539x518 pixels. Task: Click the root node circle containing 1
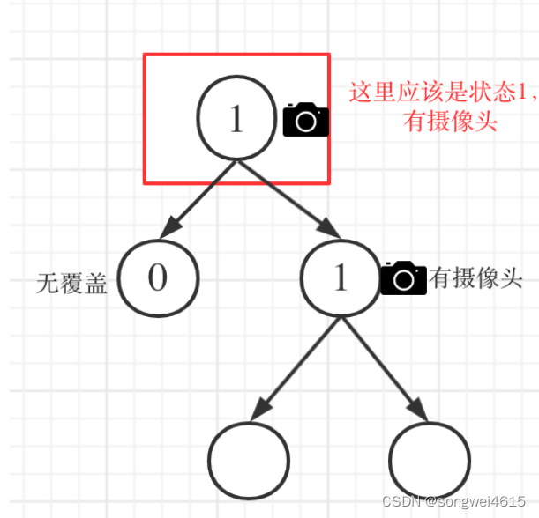pyautogui.click(x=236, y=120)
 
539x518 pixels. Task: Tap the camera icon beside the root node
pyautogui.click(x=305, y=120)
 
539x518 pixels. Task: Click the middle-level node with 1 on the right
pyautogui.click(x=341, y=278)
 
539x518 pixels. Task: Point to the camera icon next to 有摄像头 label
pyautogui.click(x=403, y=277)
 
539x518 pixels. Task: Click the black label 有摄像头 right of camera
pyautogui.click(x=475, y=279)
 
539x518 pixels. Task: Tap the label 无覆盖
pyautogui.click(x=71, y=282)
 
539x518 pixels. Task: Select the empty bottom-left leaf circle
pyautogui.click(x=249, y=459)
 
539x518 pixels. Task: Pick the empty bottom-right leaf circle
pyautogui.click(x=428, y=459)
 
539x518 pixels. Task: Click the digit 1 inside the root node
pyautogui.click(x=236, y=120)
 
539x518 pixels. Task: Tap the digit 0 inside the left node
pyautogui.click(x=158, y=278)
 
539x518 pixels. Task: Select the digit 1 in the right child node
pyautogui.click(x=341, y=278)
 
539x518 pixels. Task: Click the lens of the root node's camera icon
pyautogui.click(x=306, y=122)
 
